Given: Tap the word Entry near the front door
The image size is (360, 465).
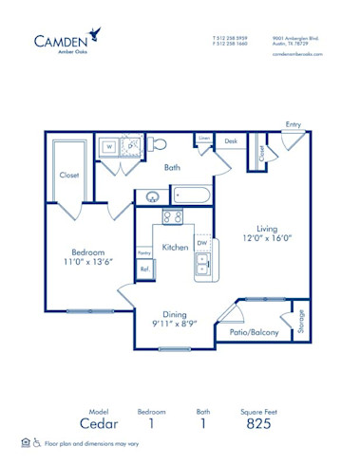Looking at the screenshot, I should pos(294,124).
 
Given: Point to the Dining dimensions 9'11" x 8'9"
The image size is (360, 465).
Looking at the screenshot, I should pos(174,324).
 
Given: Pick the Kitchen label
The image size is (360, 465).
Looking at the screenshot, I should pos(175,247).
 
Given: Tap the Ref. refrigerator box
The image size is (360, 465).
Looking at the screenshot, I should pos(145,270).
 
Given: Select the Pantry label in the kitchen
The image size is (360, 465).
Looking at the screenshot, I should pos(144,252).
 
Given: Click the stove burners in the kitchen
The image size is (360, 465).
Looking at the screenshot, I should pos(173,216).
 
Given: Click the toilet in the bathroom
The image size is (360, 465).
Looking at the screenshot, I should pos(159,144).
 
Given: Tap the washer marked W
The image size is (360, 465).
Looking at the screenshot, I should pos(109,147).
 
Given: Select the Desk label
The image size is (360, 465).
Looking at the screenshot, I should pos(231,140).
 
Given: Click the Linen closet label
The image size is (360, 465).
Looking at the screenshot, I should pos(204,139).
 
